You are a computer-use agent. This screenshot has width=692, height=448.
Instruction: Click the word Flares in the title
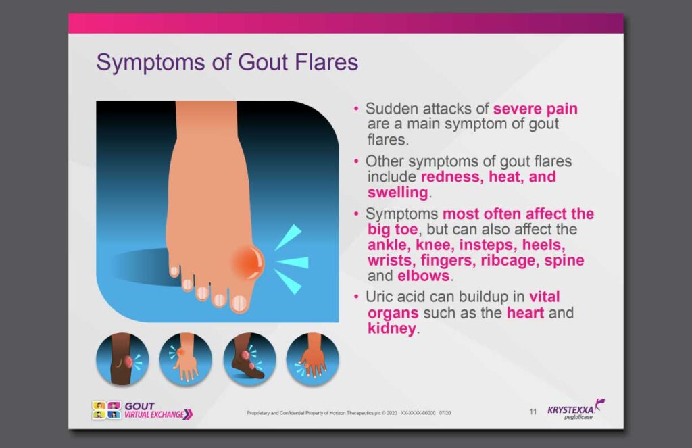pyautogui.click(x=326, y=61)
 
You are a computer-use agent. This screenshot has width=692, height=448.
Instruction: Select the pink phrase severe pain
pyautogui.click(x=535, y=109)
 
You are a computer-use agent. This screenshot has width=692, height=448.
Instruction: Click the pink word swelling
pyautogui.click(x=397, y=193)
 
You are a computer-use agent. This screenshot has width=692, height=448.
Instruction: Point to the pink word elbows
pyautogui.click(x=423, y=276)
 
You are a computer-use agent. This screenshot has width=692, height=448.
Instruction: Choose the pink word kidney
pyautogui.click(x=391, y=328)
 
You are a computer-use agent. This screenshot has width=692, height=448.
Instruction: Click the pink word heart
pyautogui.click(x=525, y=312)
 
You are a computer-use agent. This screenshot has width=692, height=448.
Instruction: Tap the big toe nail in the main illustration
pyautogui.click(x=240, y=303)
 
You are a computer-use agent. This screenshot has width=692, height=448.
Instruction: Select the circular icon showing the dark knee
pyautogui.click(x=122, y=359)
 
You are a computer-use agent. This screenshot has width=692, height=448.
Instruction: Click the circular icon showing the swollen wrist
pyautogui.click(x=185, y=359)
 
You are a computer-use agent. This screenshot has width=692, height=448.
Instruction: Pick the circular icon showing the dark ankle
pyautogui.click(x=249, y=359)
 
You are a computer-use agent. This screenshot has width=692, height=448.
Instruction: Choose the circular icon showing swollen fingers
pyautogui.click(x=312, y=359)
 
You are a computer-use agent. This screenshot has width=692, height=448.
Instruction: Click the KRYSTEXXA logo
pyautogui.click(x=576, y=410)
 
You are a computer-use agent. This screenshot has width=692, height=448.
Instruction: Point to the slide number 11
pyautogui.click(x=533, y=412)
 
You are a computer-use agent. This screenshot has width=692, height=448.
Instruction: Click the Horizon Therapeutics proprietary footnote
pyautogui.click(x=349, y=413)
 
